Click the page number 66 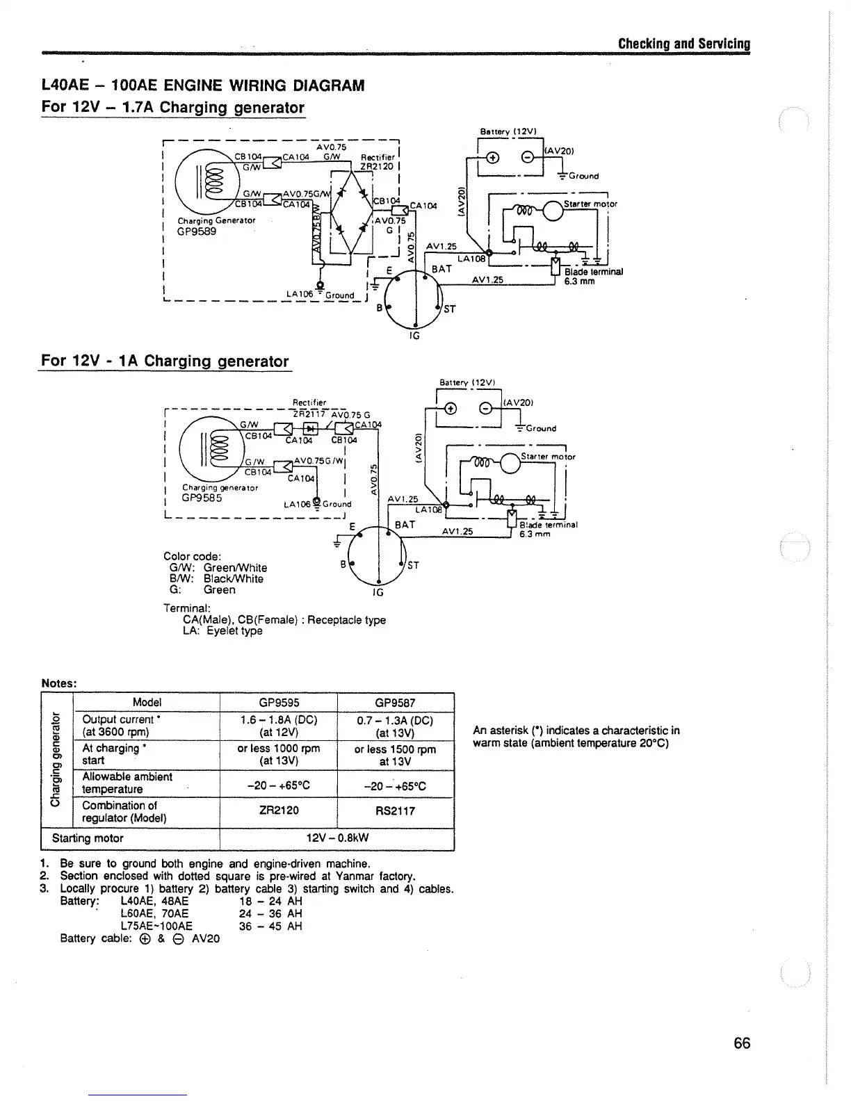[x=742, y=1043]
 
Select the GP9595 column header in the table [x=278, y=703]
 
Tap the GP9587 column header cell [x=395, y=703]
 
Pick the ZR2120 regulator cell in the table [x=278, y=810]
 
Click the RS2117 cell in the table [x=395, y=810]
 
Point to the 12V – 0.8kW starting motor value [x=337, y=838]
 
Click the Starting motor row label [x=88, y=838]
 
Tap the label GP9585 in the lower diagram [x=202, y=498]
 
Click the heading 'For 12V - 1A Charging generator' [x=164, y=361]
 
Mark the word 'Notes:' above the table [x=58, y=683]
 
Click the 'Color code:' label [x=192, y=556]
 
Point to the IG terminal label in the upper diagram [x=415, y=335]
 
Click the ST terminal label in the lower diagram [x=412, y=565]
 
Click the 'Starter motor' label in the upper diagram [x=590, y=204]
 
